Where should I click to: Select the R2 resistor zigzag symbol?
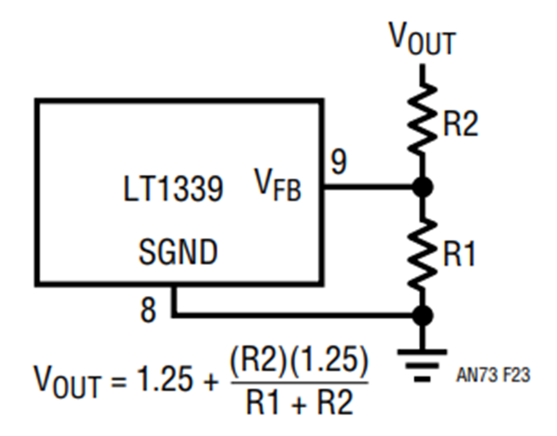tap(422, 119)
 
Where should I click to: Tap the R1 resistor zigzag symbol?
tap(422, 253)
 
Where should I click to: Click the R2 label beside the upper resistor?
tap(460, 123)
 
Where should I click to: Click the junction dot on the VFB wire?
tap(422, 186)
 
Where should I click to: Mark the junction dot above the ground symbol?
tap(422, 315)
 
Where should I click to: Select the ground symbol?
tap(422, 365)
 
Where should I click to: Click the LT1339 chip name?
tap(173, 189)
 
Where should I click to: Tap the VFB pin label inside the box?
tap(278, 185)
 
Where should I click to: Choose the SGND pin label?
tap(178, 251)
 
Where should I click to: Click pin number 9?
tap(339, 161)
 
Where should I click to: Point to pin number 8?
tap(148, 310)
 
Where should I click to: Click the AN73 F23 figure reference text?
tap(493, 375)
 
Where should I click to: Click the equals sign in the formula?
tap(118, 382)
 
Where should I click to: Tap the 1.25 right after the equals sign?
tap(165, 379)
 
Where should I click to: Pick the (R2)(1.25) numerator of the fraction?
tap(299, 362)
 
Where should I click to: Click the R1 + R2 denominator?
tap(300, 402)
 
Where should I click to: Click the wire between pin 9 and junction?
tap(368, 186)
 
